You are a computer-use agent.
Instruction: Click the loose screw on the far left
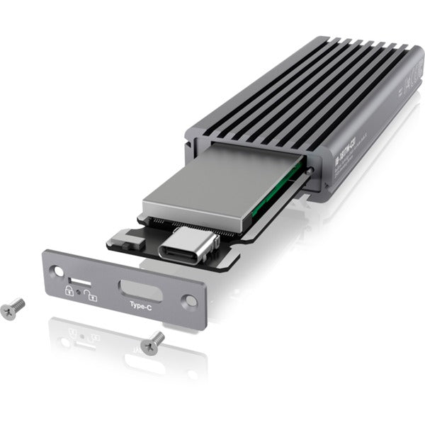click(13, 308)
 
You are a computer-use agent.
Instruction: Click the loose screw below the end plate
click(152, 344)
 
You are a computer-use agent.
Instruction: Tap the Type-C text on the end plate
click(140, 306)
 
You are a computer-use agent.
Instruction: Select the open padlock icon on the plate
click(91, 297)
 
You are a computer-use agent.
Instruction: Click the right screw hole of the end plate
click(190, 300)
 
